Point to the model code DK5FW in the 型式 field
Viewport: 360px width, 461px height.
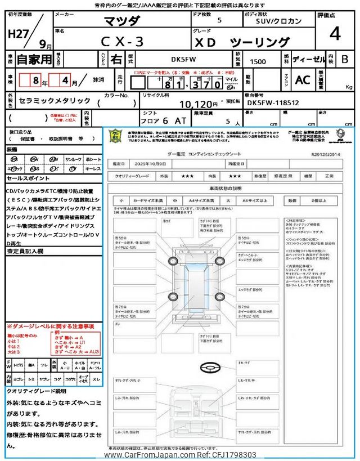pyautogui.click(x=178, y=59)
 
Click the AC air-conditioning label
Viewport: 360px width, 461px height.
pyautogui.click(x=303, y=80)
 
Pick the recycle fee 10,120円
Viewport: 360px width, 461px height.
pyautogui.click(x=197, y=104)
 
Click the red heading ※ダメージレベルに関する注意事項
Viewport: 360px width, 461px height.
pyautogui.click(x=51, y=326)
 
